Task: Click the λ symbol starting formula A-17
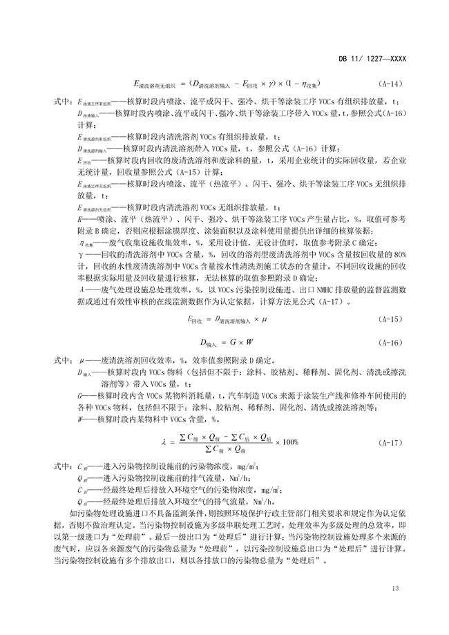[164, 442]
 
